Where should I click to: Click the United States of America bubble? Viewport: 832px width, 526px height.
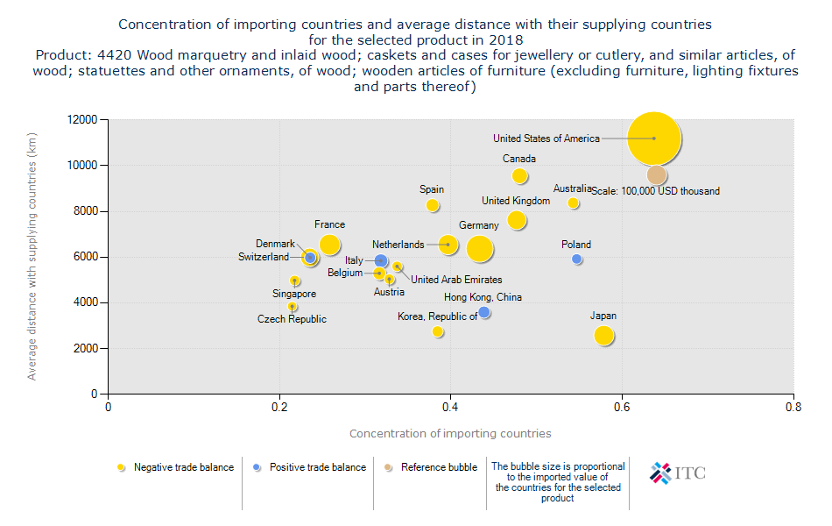[x=653, y=139]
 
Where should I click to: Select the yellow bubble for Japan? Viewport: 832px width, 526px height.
[x=603, y=335]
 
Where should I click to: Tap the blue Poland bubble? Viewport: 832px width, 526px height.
[x=577, y=259]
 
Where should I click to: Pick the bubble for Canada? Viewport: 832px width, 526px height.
[x=519, y=176]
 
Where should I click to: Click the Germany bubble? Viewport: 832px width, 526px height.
[x=479, y=249]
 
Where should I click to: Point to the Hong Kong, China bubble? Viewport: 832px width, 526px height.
[x=484, y=312]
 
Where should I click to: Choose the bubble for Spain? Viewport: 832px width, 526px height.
[x=432, y=205]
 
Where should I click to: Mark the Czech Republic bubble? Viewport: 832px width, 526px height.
[x=293, y=307]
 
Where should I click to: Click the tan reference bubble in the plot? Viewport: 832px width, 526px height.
[x=657, y=174]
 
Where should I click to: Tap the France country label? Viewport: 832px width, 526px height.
[x=330, y=224]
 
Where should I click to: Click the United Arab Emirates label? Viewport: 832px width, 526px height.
[x=456, y=280]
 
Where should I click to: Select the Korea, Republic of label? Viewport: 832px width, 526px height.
[x=438, y=316]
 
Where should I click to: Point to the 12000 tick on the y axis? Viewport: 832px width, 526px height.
[x=84, y=119]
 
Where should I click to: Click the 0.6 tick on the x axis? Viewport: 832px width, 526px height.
[x=622, y=407]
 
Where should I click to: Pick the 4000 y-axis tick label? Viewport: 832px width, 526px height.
[x=87, y=302]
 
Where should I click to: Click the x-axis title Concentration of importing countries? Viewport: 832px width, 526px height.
[x=450, y=433]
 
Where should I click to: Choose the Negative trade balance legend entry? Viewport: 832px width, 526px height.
[x=183, y=467]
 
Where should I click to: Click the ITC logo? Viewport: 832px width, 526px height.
[x=678, y=473]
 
